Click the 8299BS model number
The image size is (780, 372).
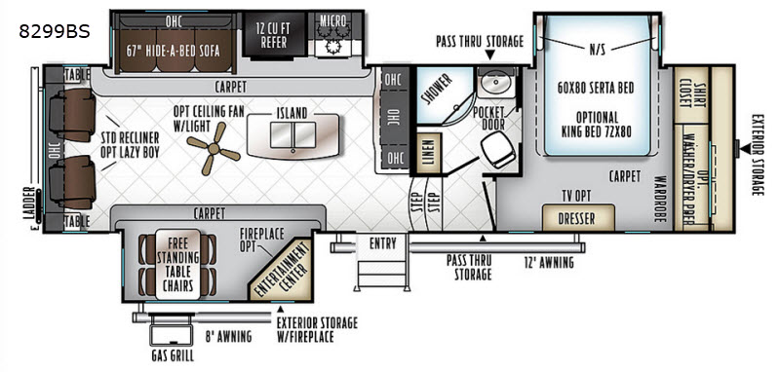click(55, 31)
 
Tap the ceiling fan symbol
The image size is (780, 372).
click(214, 148)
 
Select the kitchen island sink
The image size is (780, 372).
click(292, 135)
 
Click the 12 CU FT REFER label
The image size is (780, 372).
click(273, 36)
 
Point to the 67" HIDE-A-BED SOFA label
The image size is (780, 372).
click(174, 51)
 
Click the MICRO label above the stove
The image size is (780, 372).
click(332, 20)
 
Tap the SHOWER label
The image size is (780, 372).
click(437, 90)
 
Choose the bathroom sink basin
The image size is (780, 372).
click(494, 82)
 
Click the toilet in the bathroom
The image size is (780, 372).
click(498, 149)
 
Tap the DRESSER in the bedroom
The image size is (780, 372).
click(578, 217)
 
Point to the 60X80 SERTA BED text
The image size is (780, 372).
click(596, 88)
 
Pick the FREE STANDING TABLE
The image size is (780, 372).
click(177, 264)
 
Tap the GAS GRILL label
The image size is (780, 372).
click(174, 356)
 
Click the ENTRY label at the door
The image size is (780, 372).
click(382, 243)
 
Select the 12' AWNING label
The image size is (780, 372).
click(549, 262)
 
